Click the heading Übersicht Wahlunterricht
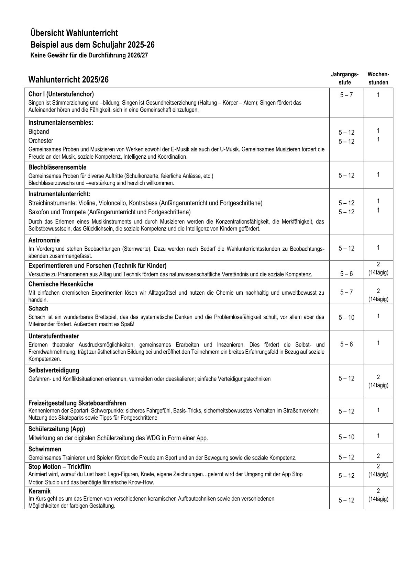click(x=74, y=33)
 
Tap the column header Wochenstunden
click(x=378, y=78)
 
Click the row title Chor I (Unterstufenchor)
click(x=61, y=94)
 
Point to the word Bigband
click(x=39, y=132)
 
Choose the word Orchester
click(x=41, y=140)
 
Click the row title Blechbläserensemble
click(x=57, y=167)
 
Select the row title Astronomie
click(x=44, y=240)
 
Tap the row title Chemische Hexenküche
click(x=61, y=284)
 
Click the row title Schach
click(x=38, y=308)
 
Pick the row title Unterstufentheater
click(x=54, y=336)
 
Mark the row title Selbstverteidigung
click(x=54, y=370)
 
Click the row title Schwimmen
click(x=45, y=449)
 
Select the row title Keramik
click(x=40, y=491)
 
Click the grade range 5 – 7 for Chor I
click(x=346, y=95)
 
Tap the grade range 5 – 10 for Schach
click(x=346, y=318)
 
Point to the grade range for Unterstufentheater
click(x=346, y=344)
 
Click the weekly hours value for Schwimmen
click(x=378, y=456)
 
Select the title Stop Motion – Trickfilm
click(x=60, y=467)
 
